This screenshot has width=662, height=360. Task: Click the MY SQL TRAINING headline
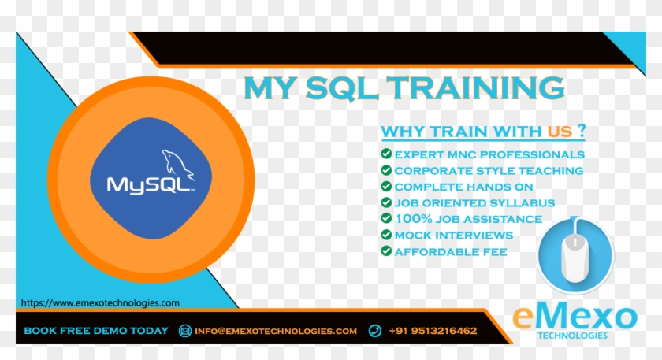point(404,88)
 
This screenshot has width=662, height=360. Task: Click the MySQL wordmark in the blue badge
point(149,185)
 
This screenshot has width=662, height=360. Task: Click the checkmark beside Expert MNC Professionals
point(386,154)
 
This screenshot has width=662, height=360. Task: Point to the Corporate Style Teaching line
point(489,170)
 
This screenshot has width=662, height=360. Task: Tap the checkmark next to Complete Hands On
point(386,187)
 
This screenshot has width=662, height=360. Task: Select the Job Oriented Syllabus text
point(474,202)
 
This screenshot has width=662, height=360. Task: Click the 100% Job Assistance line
point(468,219)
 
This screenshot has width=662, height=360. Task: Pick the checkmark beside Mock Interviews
point(386,235)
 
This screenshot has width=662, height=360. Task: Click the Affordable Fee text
point(451,251)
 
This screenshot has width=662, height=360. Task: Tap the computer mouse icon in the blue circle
point(575,255)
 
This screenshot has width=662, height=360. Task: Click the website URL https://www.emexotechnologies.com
point(100,302)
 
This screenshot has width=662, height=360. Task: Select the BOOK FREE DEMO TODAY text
point(96,331)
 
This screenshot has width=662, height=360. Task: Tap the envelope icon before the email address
point(185,331)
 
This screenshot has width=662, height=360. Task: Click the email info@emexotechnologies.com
point(276,331)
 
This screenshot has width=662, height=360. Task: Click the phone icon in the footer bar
point(375,331)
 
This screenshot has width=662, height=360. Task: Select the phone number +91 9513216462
point(433,331)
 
